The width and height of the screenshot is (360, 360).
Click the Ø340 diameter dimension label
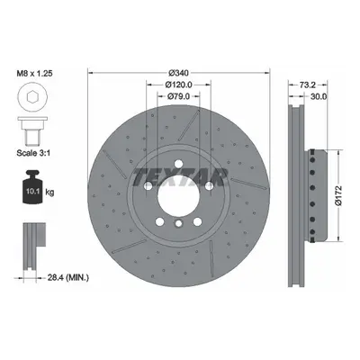pos(178,73)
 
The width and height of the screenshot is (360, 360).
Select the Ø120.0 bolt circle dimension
pos(178,85)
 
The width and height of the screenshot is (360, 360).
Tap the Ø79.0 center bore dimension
pos(178,96)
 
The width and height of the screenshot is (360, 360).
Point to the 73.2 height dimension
pos(307,85)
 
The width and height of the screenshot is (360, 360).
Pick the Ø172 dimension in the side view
pos(338,195)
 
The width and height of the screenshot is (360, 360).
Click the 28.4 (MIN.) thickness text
pos(68,277)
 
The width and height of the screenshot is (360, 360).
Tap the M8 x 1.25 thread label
pos(34,73)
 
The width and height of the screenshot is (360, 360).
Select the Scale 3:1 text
pos(33,153)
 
